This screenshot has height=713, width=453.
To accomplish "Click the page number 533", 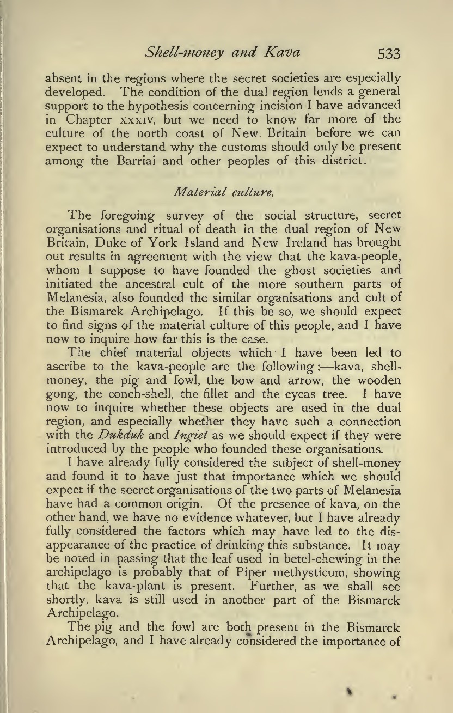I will (388, 53).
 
